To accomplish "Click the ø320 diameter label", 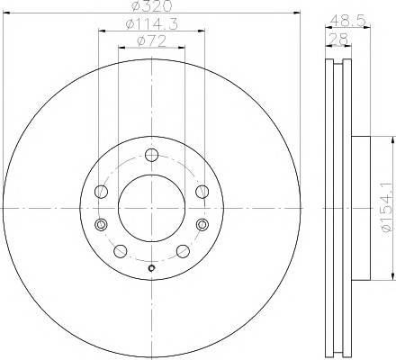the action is click(x=152, y=6).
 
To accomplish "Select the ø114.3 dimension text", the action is click(x=152, y=24).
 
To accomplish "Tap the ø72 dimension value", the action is click(x=151, y=41).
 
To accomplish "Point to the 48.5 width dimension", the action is click(x=348, y=21).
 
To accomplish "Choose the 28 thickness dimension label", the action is click(x=338, y=39).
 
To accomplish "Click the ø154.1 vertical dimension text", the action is click(x=387, y=207).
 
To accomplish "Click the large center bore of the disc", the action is click(x=151, y=208).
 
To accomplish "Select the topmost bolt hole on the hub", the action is click(x=151, y=155).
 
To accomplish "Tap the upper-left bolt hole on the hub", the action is click(x=101, y=192).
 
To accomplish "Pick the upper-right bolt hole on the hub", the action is click(x=202, y=192).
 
